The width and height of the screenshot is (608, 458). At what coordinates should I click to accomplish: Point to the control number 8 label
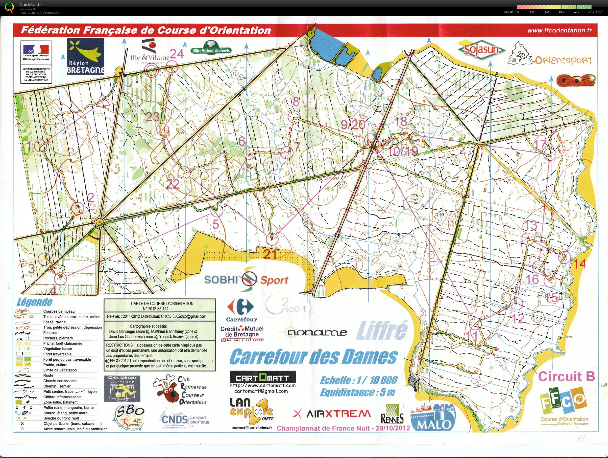click(296, 102)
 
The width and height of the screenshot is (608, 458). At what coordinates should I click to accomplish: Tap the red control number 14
click(579, 264)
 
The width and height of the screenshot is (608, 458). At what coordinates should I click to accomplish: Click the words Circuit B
click(566, 376)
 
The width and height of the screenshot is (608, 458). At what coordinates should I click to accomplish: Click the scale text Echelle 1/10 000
click(358, 380)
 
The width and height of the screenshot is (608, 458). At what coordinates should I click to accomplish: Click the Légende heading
click(34, 302)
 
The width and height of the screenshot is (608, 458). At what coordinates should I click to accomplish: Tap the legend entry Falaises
click(50, 332)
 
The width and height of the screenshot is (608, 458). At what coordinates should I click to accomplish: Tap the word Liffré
click(381, 330)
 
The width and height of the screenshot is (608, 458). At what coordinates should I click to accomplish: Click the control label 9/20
click(353, 125)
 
